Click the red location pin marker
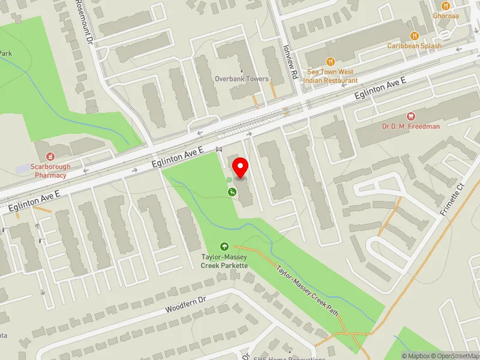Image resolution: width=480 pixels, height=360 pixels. (x=241, y=168)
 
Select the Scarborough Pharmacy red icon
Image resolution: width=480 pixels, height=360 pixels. (x=41, y=146)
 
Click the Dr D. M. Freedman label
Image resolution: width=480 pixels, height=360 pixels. (x=411, y=126)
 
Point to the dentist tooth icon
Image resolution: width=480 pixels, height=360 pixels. (x=411, y=115)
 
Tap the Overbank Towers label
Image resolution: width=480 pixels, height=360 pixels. (x=242, y=79)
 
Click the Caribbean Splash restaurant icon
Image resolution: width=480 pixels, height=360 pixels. (x=413, y=35)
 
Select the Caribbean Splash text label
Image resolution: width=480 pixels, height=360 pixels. (x=414, y=46)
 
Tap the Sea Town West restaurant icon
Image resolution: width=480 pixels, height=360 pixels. (x=329, y=61)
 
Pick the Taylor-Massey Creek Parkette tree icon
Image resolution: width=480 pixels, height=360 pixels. (x=224, y=246)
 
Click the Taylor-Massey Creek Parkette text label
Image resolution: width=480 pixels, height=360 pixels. (x=224, y=261)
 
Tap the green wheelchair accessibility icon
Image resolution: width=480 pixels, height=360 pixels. (x=231, y=192)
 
